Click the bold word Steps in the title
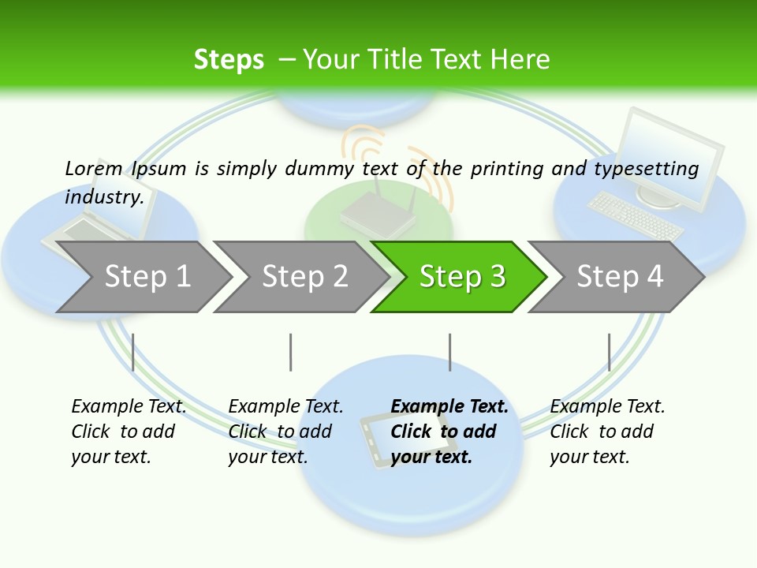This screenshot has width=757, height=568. coord(229,60)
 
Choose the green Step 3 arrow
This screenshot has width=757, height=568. coord(462,277)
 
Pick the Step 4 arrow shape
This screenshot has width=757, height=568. coord(620,277)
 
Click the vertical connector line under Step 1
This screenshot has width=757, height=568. coord(133,352)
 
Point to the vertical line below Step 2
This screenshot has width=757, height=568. coord(291,352)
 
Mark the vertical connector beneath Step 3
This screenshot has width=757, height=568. coord(449,352)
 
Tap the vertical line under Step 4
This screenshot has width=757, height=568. coord(609,352)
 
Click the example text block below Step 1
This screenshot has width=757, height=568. coord(129,432)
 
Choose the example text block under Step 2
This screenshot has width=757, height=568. coord(285,432)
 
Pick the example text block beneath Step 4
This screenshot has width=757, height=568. coord(607,432)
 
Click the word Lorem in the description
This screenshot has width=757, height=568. coord(94,168)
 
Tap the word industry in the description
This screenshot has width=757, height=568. coord(103,196)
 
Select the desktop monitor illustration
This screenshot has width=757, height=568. coord(670,158)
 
